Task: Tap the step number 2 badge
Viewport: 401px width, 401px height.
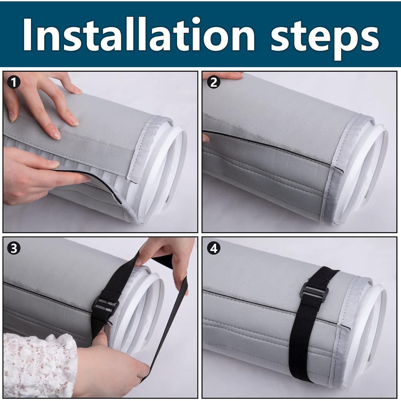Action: tap(214, 83)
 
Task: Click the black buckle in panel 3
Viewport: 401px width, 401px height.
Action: tap(106, 306)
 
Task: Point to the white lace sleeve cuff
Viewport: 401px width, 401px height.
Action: tap(37, 365)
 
